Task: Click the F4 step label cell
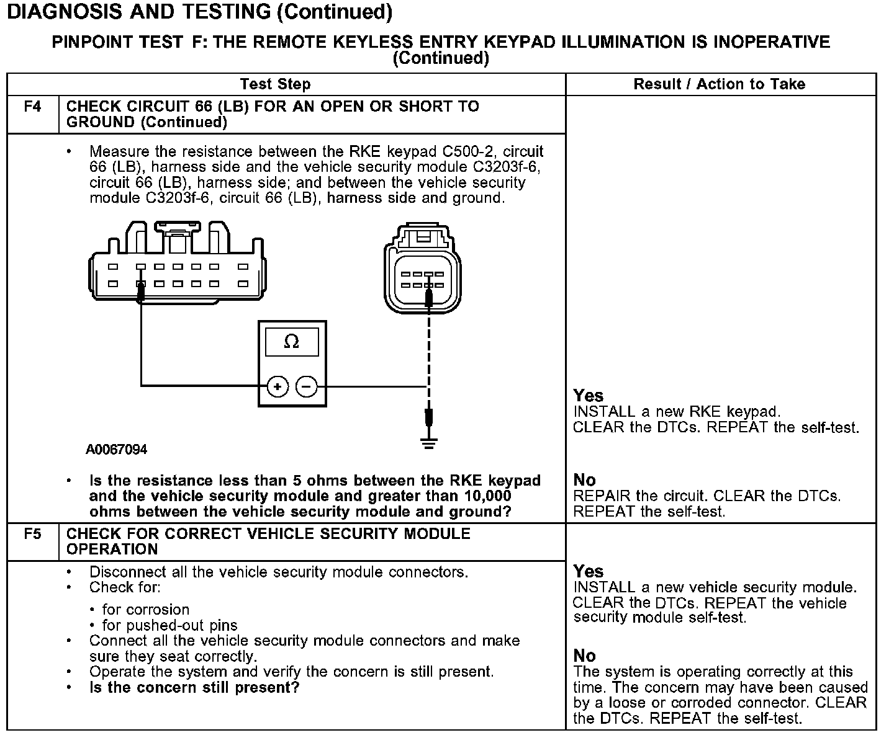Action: point(32,107)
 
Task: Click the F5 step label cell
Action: point(32,534)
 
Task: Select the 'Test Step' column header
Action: point(275,84)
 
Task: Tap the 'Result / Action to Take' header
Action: point(719,84)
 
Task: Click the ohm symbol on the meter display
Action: point(291,342)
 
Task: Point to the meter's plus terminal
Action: point(278,387)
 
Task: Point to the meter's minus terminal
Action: point(306,387)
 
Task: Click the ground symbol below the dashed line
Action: point(428,443)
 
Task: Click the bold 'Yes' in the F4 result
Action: point(588,396)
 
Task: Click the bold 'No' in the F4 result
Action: point(584,480)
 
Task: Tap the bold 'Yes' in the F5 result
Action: point(588,571)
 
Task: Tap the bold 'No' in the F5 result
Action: point(584,656)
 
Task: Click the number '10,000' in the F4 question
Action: point(487,496)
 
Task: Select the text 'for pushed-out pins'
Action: point(169,625)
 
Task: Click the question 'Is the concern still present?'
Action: point(194,688)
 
